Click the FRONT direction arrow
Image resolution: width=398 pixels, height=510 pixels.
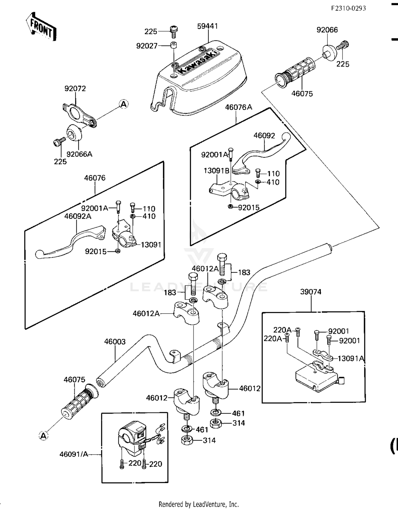[41, 27]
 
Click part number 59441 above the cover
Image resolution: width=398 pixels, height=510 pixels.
[207, 26]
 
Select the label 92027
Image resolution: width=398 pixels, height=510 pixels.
[147, 46]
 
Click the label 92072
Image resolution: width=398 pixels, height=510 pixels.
[75, 88]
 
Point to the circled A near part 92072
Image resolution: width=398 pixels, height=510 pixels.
[124, 104]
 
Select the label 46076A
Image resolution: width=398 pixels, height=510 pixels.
[239, 107]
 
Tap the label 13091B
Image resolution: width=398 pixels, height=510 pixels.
[216, 171]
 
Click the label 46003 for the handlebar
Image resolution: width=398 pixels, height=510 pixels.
[115, 341]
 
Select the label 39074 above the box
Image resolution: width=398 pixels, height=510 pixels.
[311, 292]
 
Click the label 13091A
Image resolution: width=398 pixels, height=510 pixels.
[351, 358]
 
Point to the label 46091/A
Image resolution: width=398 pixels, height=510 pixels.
[74, 454]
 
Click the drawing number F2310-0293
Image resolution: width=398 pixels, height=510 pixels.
[348, 8]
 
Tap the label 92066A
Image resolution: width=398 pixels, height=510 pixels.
[79, 154]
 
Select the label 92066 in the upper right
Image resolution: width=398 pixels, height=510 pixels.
[327, 30]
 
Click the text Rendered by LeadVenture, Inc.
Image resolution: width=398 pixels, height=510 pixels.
[199, 504]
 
